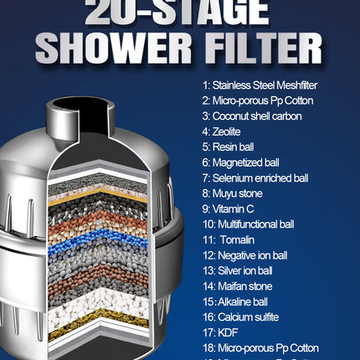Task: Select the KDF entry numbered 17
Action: coord(222,332)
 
